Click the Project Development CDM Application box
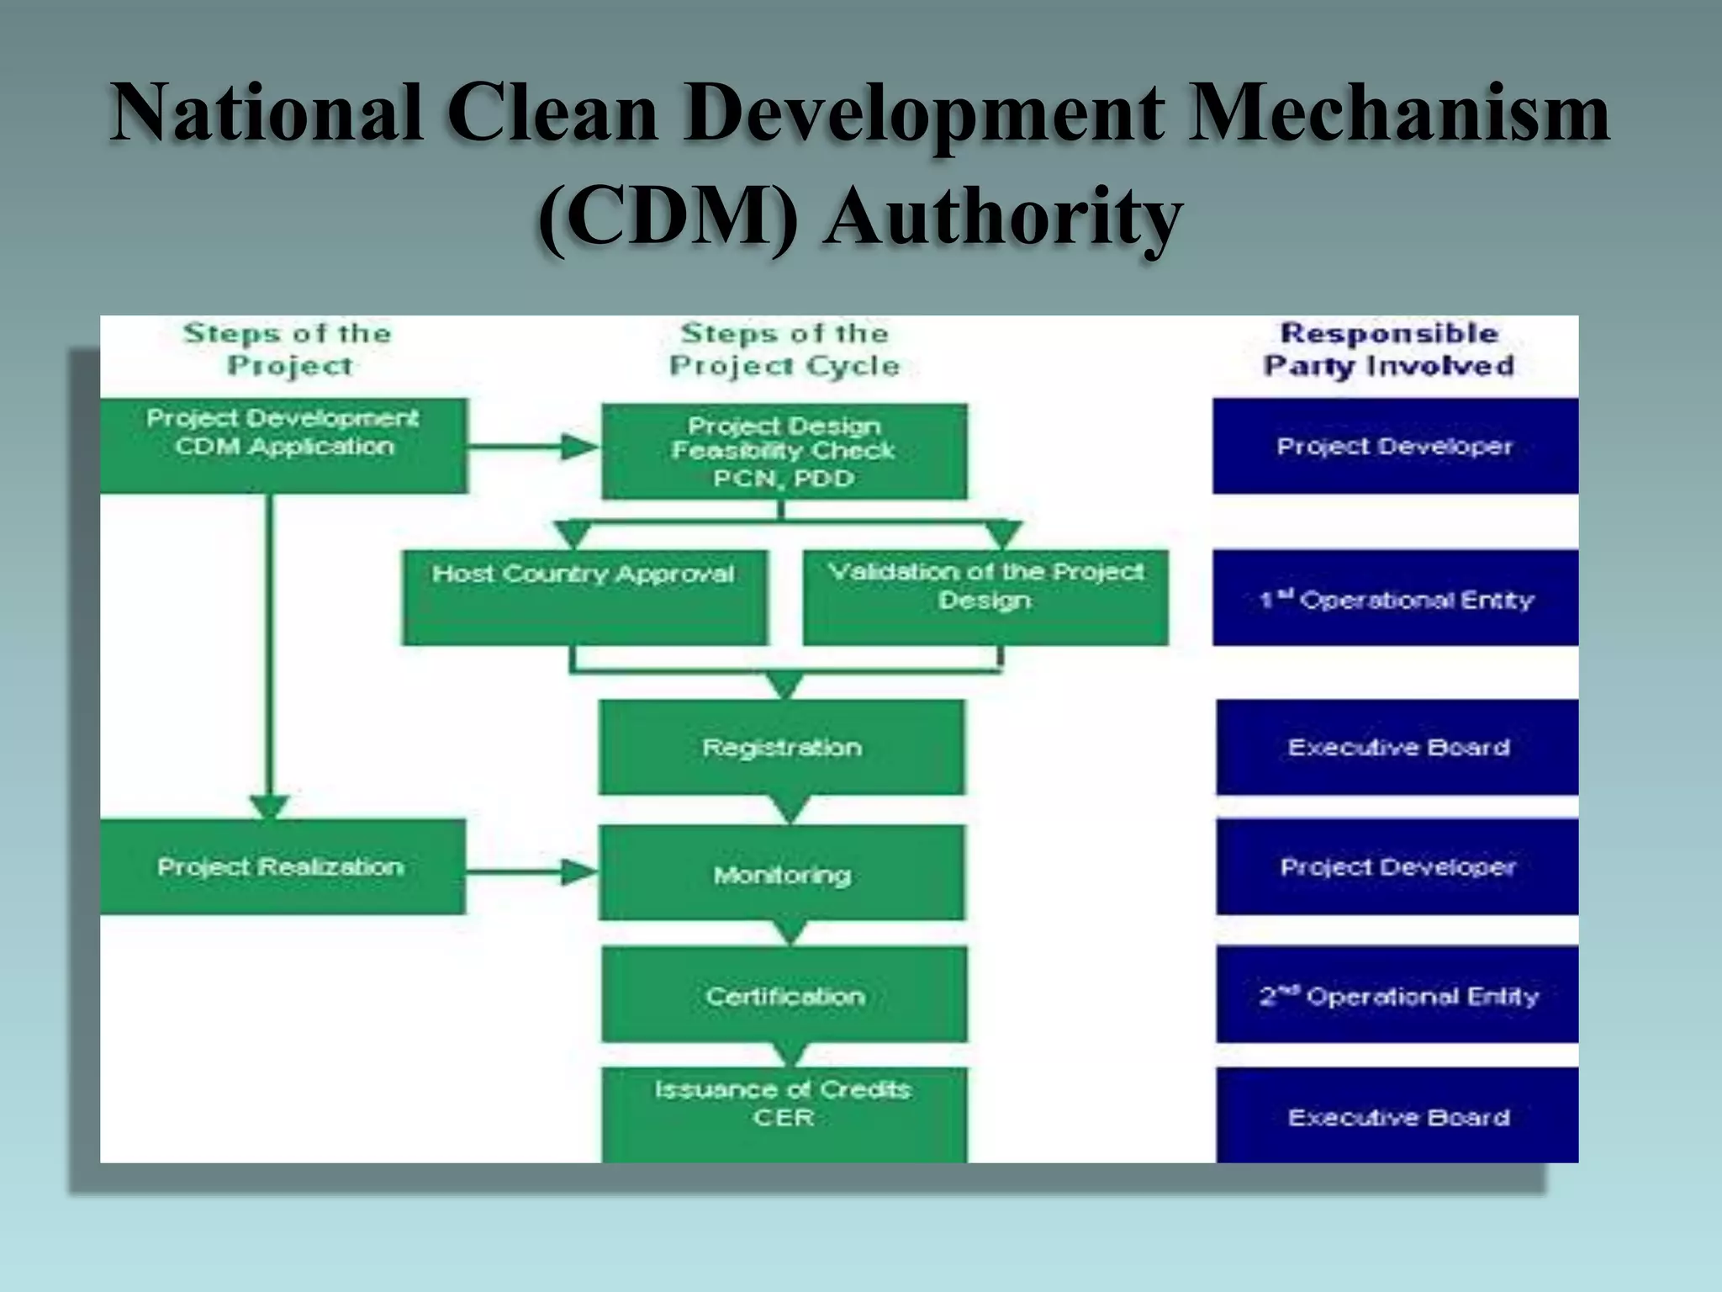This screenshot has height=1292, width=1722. click(283, 445)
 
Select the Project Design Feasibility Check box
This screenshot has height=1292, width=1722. click(784, 452)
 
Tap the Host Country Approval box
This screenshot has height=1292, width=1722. click(584, 597)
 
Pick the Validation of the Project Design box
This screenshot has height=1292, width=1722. click(985, 597)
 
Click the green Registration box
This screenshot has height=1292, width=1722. click(782, 747)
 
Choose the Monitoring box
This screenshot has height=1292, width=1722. click(782, 873)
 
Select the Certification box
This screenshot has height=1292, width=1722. click(784, 995)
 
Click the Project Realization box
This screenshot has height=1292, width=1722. click(282, 866)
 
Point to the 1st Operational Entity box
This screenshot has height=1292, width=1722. click(1395, 598)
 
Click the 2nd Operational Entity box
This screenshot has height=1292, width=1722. click(1397, 995)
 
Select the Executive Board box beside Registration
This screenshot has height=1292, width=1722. click(1397, 747)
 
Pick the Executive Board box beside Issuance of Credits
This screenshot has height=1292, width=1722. click(1397, 1115)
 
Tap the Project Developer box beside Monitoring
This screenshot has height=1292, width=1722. click(1397, 866)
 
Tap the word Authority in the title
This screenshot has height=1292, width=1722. click(1002, 216)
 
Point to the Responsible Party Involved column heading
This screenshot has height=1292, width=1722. click(1389, 349)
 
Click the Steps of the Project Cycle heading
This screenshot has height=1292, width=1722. click(784, 349)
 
